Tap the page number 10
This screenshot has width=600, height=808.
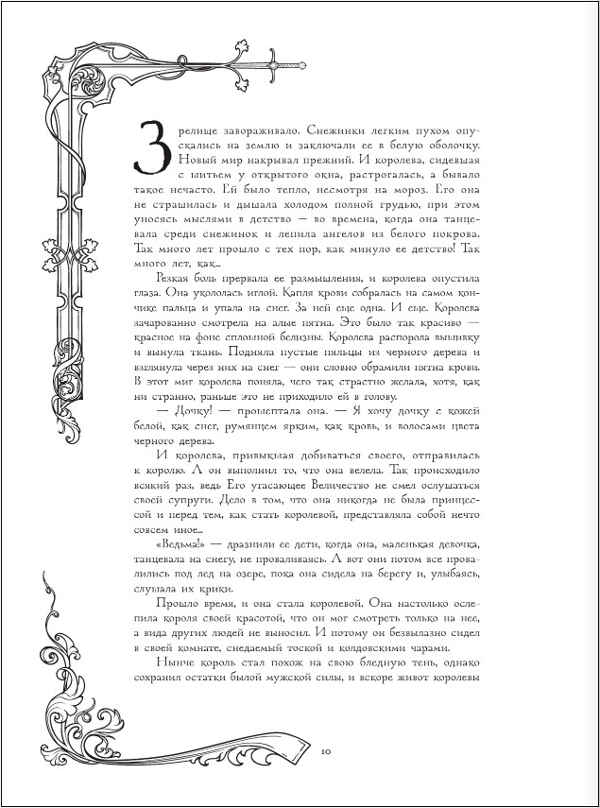click(324, 751)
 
